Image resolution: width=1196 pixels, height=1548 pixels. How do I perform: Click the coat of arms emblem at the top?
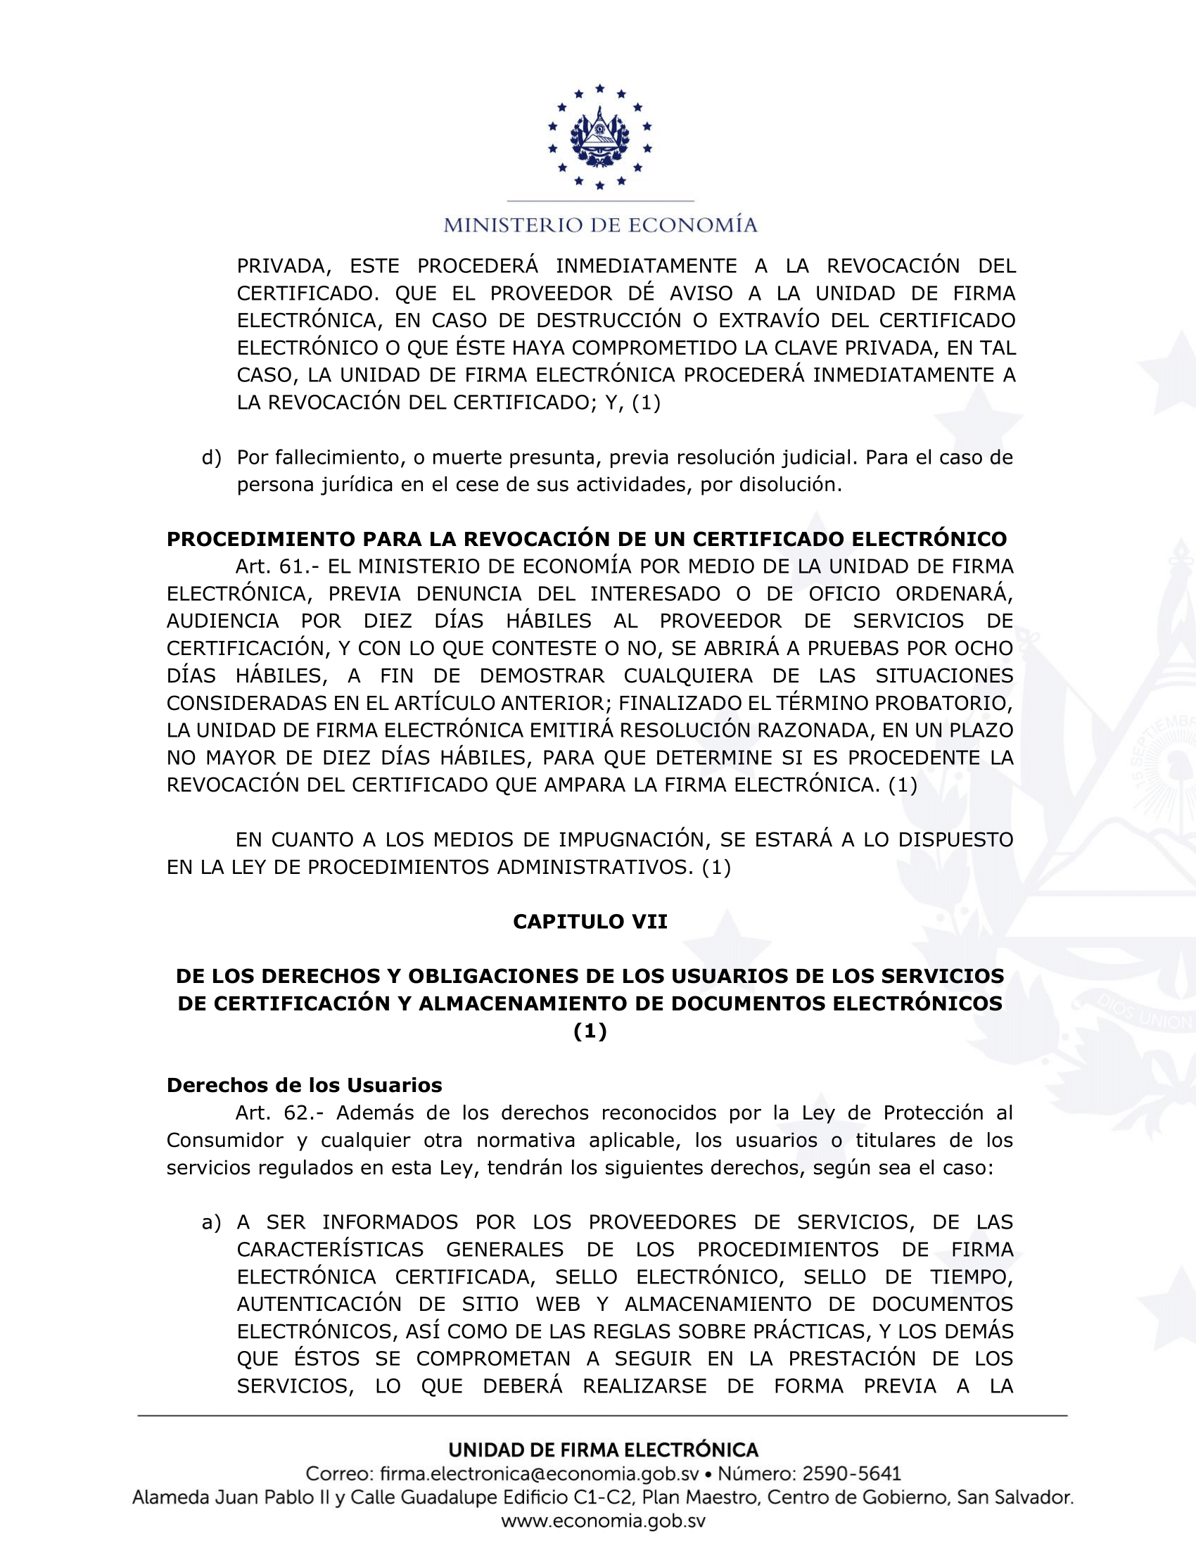599,137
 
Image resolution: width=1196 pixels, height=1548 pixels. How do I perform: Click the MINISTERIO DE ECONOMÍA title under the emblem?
600,225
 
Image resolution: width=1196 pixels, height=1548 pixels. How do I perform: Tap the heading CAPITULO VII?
590,922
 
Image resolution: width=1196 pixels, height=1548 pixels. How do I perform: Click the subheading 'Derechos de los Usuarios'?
304,1085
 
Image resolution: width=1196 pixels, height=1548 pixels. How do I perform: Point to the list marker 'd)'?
211,458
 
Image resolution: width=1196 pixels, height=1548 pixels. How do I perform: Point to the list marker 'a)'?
211,1222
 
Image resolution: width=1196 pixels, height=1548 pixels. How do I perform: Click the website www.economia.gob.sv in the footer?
603,1521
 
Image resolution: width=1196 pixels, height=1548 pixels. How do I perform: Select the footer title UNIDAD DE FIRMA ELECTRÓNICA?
603,1449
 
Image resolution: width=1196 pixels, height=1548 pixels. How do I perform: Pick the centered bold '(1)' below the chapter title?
590,1032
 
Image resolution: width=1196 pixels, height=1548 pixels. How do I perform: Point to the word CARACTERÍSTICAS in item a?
330,1250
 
